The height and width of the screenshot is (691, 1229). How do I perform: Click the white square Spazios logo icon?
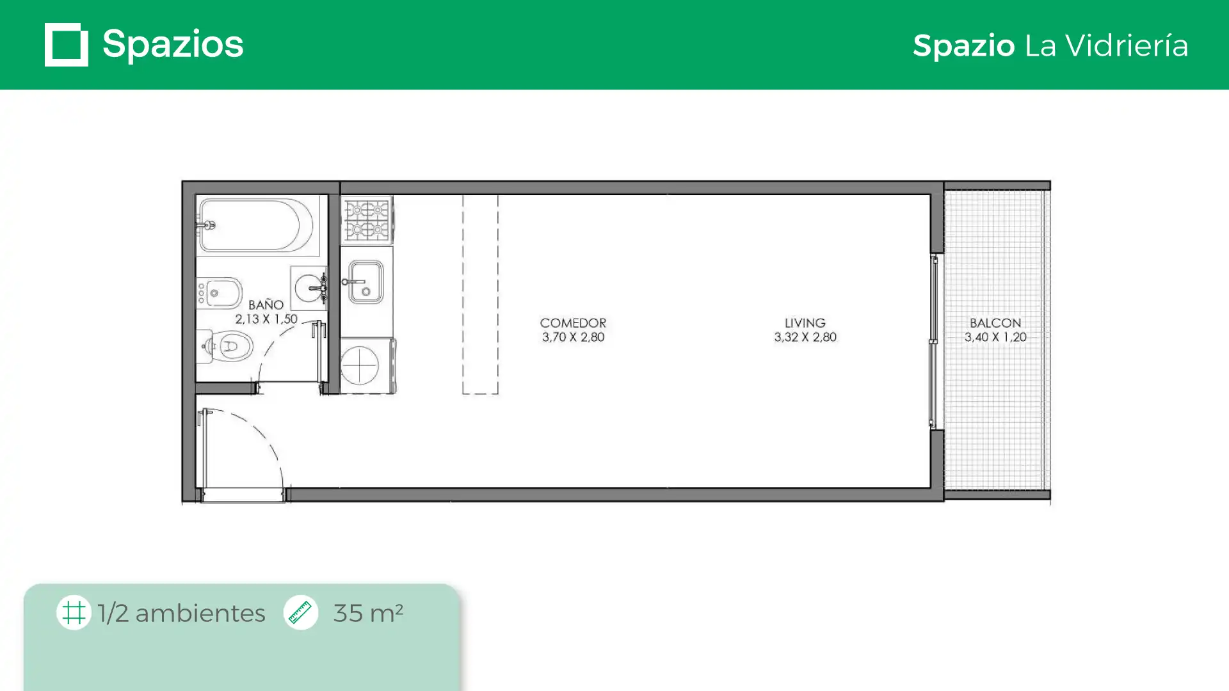tap(67, 45)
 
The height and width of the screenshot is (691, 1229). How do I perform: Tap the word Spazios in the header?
tap(173, 45)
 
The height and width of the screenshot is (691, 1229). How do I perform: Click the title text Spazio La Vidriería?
tap(1050, 45)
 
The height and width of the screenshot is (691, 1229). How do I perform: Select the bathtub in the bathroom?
tap(255, 225)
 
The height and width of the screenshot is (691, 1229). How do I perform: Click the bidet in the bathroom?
tap(219, 293)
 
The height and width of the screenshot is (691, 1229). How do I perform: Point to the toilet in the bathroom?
tap(225, 346)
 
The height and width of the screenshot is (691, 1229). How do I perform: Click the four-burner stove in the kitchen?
tap(367, 219)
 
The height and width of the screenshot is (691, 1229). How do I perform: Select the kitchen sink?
tap(365, 282)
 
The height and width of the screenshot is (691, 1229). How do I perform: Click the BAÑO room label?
tap(266, 305)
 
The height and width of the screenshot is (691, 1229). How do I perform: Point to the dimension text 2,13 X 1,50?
tap(266, 319)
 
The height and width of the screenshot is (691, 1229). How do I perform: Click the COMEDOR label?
tap(573, 323)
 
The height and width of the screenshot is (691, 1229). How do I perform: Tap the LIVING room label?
tap(805, 323)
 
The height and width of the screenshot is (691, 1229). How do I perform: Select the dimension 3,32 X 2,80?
tap(805, 337)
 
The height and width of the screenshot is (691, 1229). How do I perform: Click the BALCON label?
tap(995, 323)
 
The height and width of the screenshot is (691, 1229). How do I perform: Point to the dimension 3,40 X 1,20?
tap(995, 337)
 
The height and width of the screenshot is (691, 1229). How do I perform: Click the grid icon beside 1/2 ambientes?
tap(74, 612)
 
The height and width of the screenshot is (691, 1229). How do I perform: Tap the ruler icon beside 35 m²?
tap(300, 612)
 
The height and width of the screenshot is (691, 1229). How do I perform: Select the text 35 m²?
tap(368, 613)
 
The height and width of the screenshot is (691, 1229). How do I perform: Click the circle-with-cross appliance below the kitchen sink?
tap(360, 365)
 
